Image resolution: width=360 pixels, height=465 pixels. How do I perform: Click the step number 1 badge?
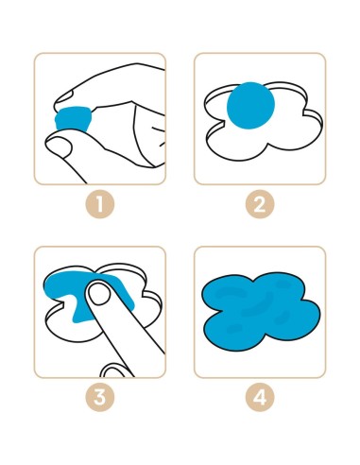tap(100, 204)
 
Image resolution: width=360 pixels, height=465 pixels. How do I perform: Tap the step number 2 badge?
tap(260, 204)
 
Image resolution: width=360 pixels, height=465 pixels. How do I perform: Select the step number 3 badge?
tap(100, 397)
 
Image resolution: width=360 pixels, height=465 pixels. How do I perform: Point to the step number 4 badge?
tap(260, 397)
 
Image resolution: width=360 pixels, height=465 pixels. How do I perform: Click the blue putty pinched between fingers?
tap(74, 119)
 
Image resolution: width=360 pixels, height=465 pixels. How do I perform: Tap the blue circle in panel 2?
tap(250, 106)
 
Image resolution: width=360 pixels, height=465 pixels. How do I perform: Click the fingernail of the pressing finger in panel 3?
tap(99, 294)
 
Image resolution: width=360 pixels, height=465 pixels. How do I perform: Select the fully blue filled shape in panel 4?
tap(261, 312)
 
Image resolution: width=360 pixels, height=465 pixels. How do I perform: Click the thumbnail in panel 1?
tap(59, 147)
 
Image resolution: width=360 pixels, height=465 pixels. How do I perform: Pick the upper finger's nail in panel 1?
tap(64, 96)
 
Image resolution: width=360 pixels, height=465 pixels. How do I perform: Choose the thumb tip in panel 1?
tap(60, 146)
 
